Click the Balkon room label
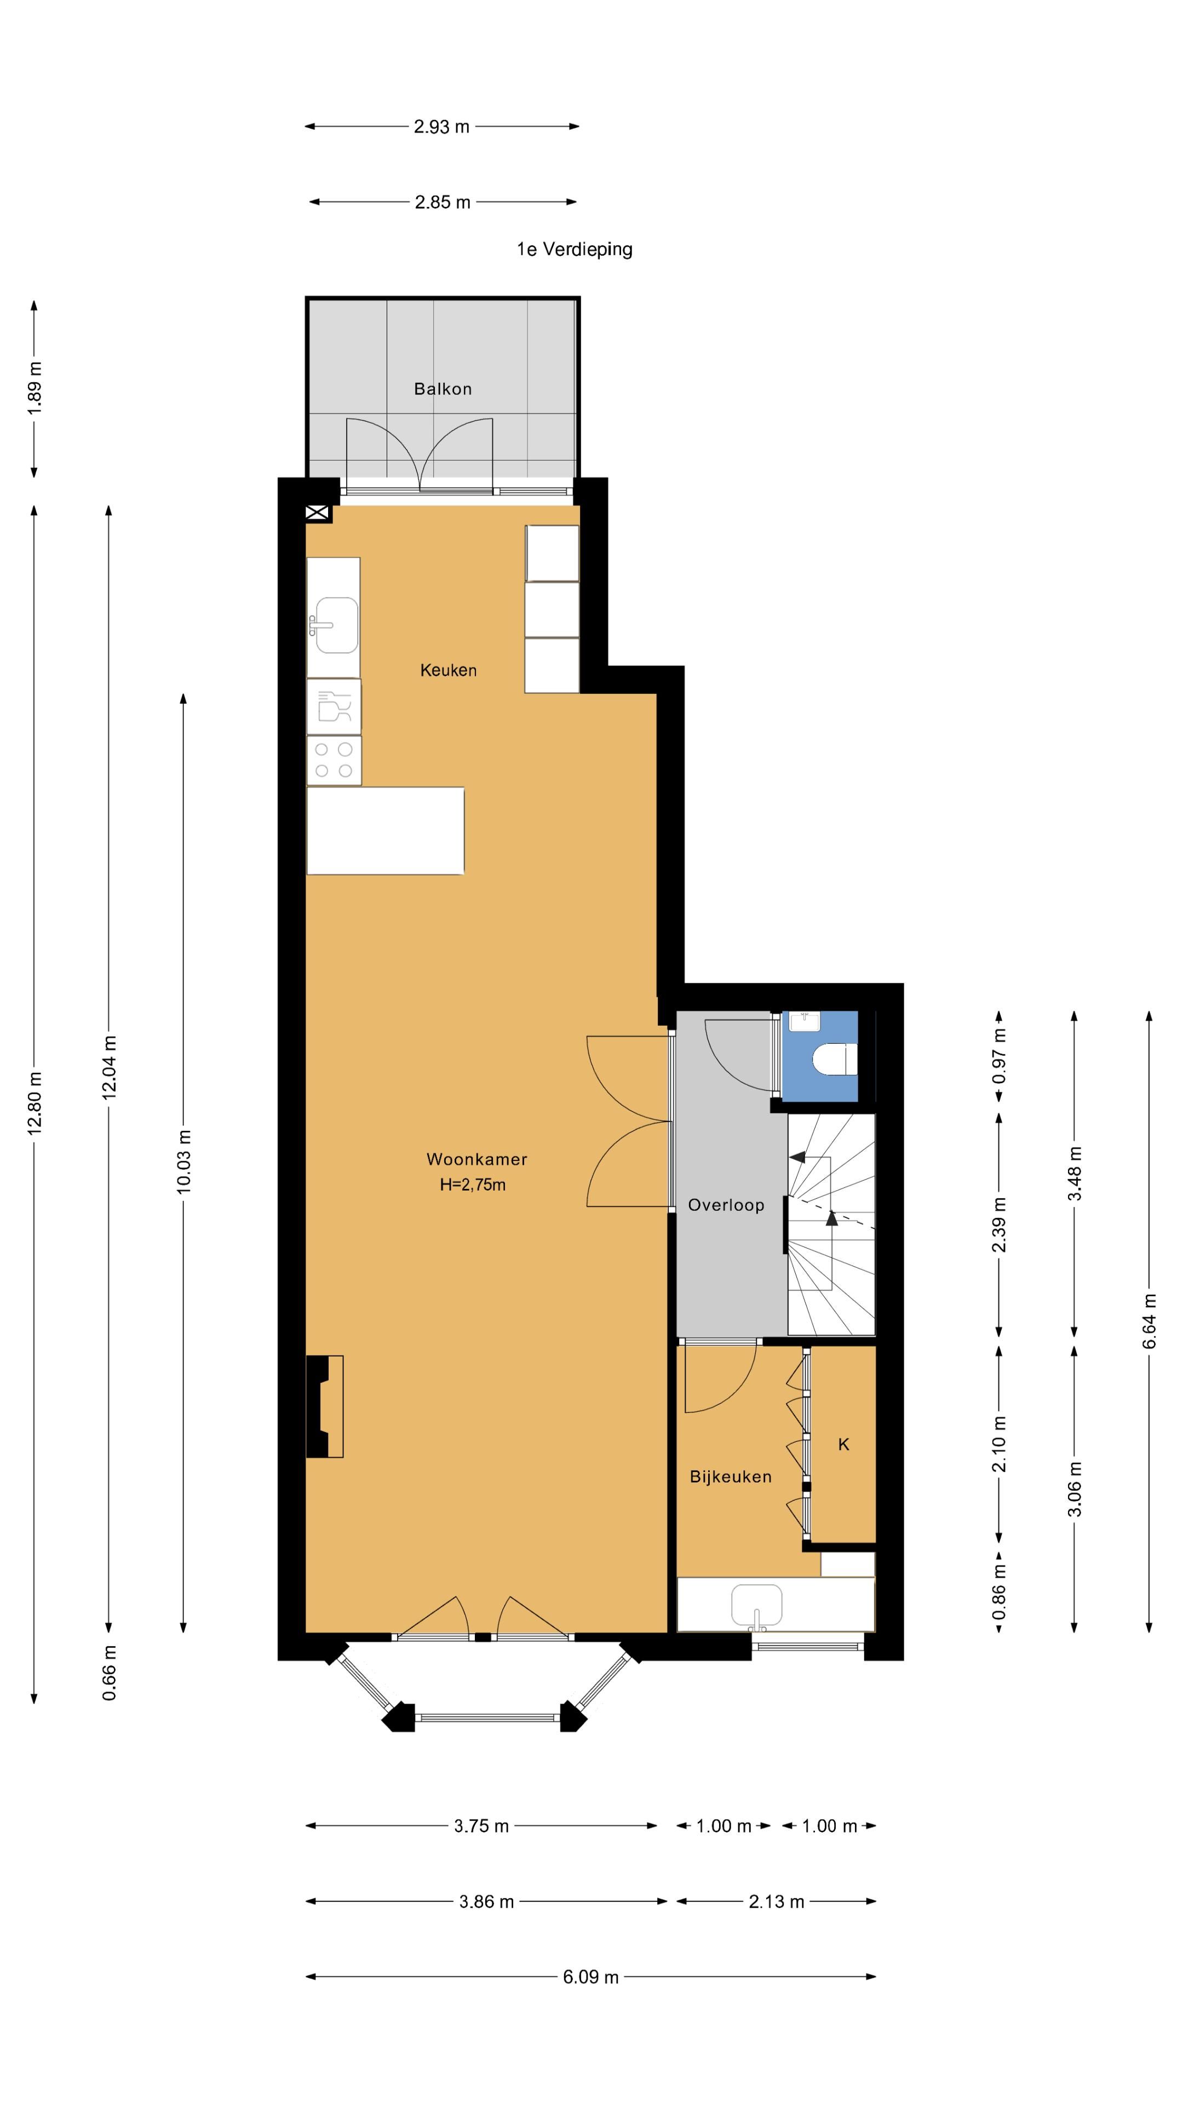443,389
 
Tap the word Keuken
448,670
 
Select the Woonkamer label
477,1159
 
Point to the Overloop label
726,1205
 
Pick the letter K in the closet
844,1444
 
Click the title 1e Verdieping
575,249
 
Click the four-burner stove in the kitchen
334,760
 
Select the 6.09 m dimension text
591,1976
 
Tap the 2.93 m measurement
441,127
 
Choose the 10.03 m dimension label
183,1162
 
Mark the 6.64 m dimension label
1150,1321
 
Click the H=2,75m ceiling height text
473,1185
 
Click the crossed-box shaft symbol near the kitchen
318,514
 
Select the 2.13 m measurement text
777,1901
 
